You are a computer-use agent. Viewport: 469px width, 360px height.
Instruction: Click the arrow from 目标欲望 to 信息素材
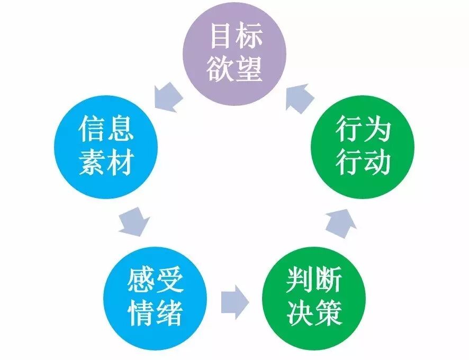[x=166, y=97]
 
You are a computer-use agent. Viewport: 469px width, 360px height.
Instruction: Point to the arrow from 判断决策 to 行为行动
[x=340, y=222]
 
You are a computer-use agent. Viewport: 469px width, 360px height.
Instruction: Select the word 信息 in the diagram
[x=106, y=129]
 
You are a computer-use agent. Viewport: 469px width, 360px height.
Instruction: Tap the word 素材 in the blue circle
[x=106, y=163]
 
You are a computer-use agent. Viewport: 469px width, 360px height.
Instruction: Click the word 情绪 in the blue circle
[x=156, y=314]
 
